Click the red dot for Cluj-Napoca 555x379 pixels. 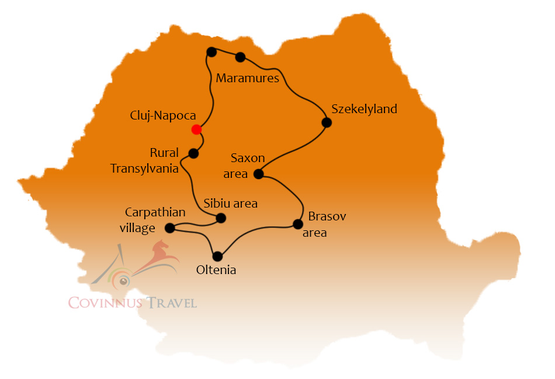[197, 129]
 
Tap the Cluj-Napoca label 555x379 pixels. [162, 116]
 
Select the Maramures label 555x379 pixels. [248, 78]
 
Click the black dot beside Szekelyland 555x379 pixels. [327, 122]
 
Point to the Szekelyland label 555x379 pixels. [364, 109]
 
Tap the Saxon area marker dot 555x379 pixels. [259, 174]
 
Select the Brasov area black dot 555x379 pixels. [298, 224]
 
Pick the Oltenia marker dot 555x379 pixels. [218, 256]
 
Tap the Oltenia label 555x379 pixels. [216, 270]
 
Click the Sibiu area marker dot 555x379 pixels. [221, 218]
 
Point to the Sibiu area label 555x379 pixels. [230, 203]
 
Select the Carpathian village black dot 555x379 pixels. [169, 228]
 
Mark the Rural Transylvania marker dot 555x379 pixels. [193, 153]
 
